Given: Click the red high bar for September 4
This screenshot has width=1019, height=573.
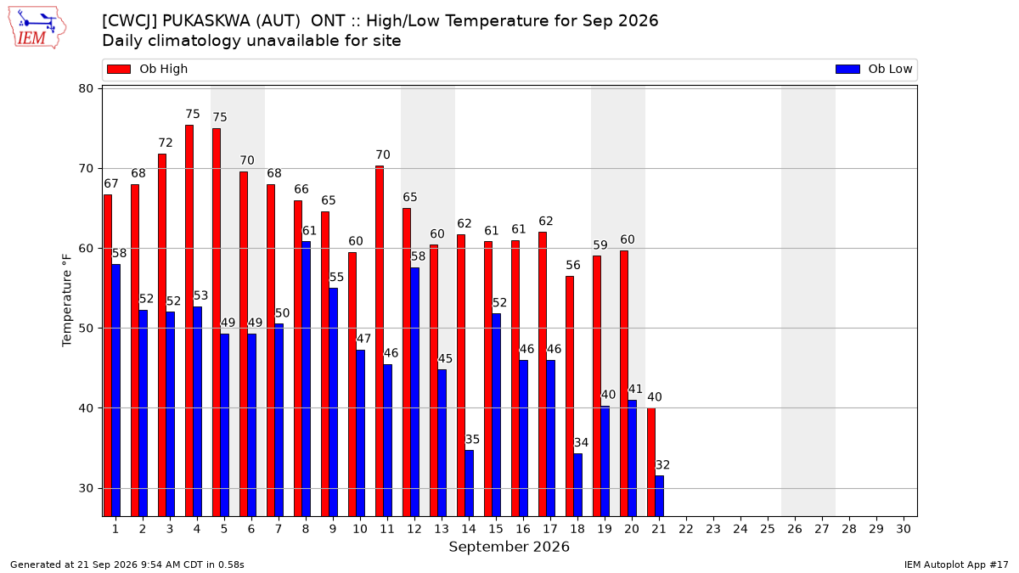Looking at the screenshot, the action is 189,321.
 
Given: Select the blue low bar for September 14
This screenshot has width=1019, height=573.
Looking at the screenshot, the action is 470,483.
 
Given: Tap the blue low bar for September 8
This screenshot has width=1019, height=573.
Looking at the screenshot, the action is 307,379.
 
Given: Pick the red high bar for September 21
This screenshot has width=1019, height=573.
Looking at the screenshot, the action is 651,462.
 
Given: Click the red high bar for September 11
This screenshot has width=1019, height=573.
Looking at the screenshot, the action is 380,341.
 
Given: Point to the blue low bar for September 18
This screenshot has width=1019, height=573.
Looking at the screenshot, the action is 578,485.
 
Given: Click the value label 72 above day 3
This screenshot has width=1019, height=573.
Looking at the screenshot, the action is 166,143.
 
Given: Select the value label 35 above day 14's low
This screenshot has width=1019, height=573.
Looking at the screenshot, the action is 472,440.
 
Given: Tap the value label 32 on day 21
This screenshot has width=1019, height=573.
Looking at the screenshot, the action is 662,465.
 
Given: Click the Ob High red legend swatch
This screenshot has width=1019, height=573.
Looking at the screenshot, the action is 119,69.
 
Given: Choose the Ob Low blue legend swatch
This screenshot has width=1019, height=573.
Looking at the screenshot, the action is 847,69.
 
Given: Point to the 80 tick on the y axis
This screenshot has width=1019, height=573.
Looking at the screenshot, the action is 86,88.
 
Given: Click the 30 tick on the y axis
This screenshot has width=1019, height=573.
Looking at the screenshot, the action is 86,488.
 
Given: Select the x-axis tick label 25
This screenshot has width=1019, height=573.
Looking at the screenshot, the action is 768,529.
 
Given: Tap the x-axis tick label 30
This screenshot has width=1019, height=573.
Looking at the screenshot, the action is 904,529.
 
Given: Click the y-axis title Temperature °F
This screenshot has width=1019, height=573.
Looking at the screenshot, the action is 67,301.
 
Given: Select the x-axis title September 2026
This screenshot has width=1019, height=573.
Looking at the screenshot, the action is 509,547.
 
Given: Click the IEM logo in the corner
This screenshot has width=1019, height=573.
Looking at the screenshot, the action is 37,28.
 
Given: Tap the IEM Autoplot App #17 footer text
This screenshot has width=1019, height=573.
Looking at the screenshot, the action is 956,565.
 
